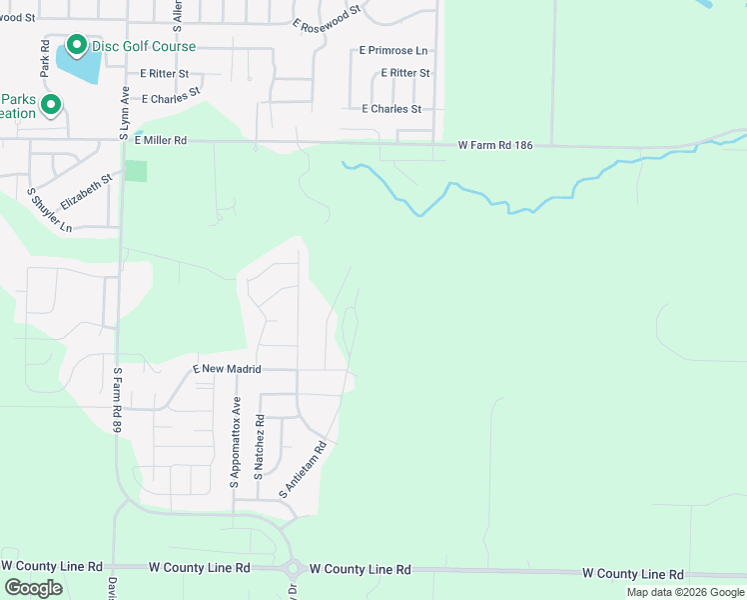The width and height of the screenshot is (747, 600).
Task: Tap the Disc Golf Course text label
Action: click(144, 47)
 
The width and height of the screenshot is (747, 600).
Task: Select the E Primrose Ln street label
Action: click(393, 50)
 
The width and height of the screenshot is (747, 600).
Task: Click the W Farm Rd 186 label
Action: click(495, 145)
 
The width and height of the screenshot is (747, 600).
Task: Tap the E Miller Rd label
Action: click(160, 141)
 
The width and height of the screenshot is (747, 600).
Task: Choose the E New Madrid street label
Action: click(227, 369)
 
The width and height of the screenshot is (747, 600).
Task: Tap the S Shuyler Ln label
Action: click(49, 211)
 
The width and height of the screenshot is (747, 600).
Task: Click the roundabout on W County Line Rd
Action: click(295, 570)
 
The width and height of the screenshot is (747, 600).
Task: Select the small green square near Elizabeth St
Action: click(136, 171)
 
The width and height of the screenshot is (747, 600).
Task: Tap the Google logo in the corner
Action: click(34, 588)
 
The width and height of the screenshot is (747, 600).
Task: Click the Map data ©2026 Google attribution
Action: click(685, 592)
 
